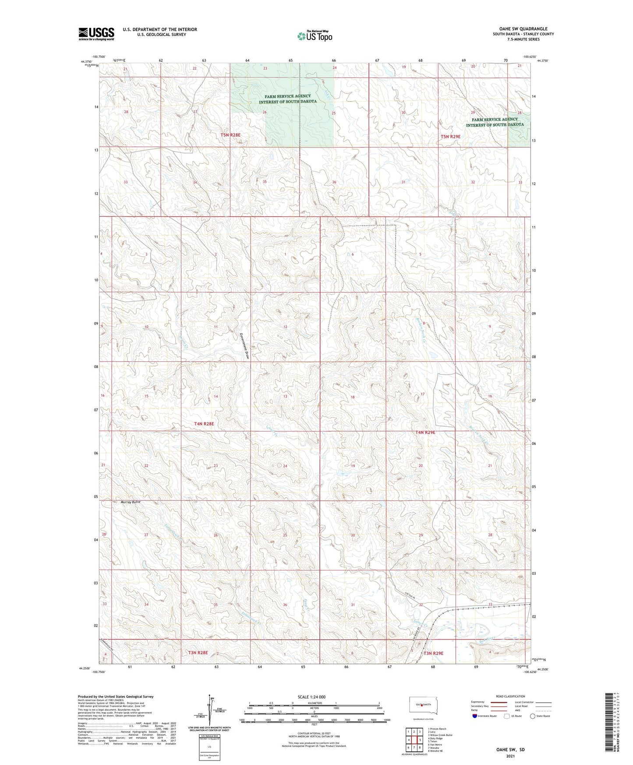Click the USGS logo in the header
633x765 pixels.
[x=96, y=34]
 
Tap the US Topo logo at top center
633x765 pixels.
[x=315, y=36]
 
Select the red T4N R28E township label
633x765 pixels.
[x=204, y=424]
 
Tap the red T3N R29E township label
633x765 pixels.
[x=433, y=653]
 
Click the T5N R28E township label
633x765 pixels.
[x=230, y=135]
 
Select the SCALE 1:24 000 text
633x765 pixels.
[x=311, y=697]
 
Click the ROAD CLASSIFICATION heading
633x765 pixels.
[x=510, y=696]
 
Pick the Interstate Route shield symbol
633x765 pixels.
[x=475, y=716]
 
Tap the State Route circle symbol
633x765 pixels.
[x=533, y=716]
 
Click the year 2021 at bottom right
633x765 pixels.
[x=510, y=756]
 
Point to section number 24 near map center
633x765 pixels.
[x=285, y=466]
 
